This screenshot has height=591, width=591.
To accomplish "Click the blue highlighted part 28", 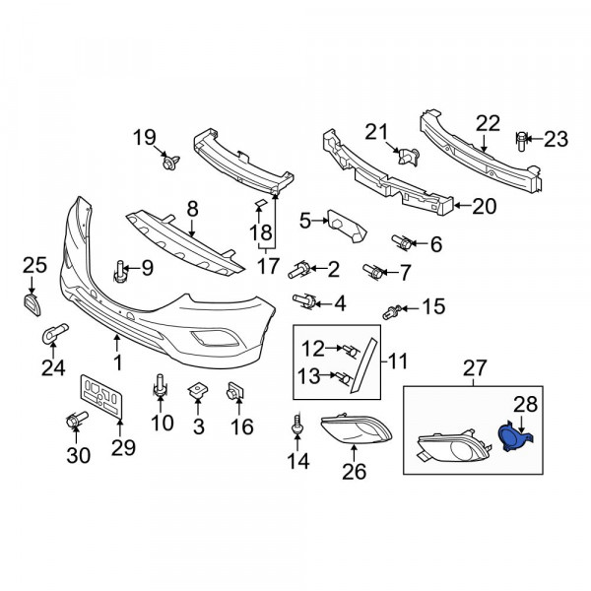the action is click(x=514, y=437).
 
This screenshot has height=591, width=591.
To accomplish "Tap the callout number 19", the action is click(x=145, y=137).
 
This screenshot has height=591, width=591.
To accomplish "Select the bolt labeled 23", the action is click(x=521, y=141).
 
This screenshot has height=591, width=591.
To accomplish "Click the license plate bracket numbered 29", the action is click(x=101, y=396).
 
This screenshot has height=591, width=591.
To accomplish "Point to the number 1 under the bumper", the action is click(x=118, y=362).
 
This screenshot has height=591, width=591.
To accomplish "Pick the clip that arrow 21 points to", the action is click(x=409, y=156).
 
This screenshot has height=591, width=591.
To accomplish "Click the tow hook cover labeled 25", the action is click(x=33, y=305).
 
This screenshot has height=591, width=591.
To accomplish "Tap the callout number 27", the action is click(x=475, y=367).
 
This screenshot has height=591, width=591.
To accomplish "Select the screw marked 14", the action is click(x=297, y=425).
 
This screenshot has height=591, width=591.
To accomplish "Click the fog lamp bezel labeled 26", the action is click(x=357, y=429).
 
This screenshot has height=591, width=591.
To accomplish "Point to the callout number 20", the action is click(x=484, y=206).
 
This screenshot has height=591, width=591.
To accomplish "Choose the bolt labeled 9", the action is click(x=120, y=271).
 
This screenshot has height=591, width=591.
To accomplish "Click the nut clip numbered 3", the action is click(x=198, y=391).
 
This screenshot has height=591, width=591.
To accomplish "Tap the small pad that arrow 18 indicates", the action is click(x=261, y=204).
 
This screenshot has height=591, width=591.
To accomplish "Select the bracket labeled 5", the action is click(x=347, y=226).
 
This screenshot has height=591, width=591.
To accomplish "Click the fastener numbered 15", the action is click(x=392, y=311).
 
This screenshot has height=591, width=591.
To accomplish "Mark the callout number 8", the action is click(x=192, y=209).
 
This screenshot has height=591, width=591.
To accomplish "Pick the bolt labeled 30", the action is click(x=77, y=420).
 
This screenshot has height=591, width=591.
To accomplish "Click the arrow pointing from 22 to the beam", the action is click(x=484, y=143).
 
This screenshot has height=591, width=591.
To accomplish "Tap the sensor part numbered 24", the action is click(x=54, y=333).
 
